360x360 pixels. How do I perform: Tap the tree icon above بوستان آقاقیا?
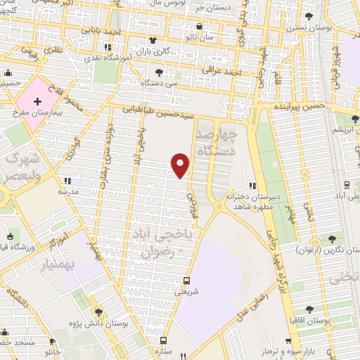[x=310, y=308]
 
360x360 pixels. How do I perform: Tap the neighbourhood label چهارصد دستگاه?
[x=215, y=143]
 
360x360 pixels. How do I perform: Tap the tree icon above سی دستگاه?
[x=161, y=71]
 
